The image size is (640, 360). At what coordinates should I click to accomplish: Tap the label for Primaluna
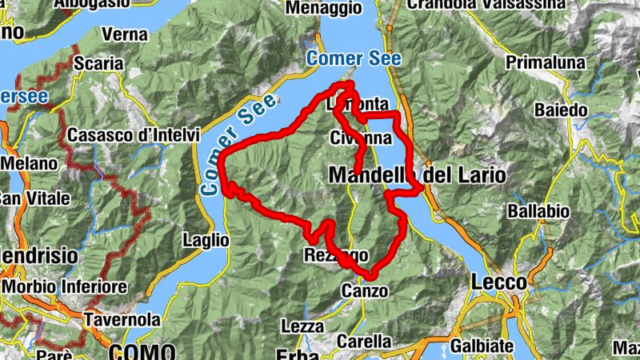[546, 62]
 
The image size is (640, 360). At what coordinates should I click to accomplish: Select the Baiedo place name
[561, 110]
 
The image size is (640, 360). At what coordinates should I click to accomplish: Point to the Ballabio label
[538, 212]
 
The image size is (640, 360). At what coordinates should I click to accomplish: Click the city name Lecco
[498, 282]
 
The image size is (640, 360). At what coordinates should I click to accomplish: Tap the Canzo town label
[364, 290]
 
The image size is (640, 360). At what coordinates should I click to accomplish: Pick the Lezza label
[302, 326]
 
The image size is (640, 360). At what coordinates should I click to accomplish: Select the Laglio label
[206, 239]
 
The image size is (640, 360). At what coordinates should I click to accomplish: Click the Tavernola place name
[122, 319]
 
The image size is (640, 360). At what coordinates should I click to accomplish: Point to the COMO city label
[142, 350]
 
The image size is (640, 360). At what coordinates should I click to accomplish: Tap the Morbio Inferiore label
[64, 286]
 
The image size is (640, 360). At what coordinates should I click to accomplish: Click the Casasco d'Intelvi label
[133, 136]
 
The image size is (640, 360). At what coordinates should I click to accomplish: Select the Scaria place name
[98, 63]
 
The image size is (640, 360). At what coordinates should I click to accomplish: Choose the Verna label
[125, 34]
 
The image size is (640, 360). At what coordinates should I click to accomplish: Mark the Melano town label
[29, 163]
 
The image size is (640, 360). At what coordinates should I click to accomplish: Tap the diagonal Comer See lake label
[238, 145]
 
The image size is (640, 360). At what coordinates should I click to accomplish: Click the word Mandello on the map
[370, 174]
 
